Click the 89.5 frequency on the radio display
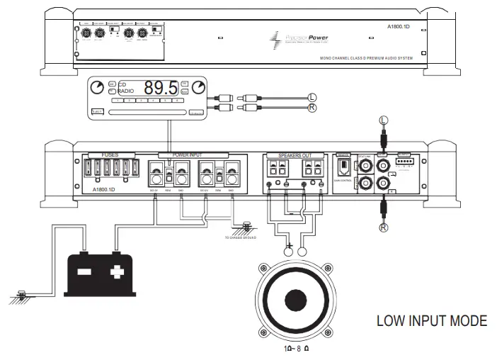[161, 89]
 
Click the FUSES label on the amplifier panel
[110, 154]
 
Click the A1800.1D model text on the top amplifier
[401, 27]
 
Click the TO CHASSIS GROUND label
[241, 238]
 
